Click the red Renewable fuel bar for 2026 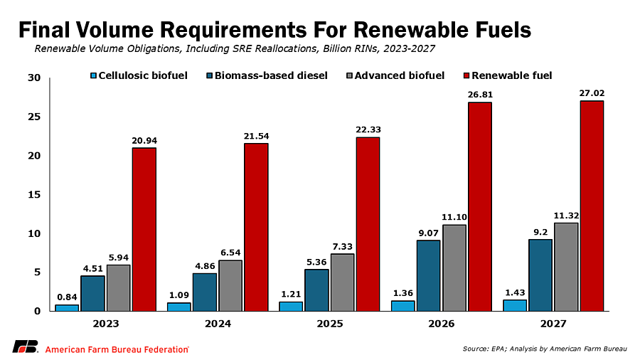pos(480,206)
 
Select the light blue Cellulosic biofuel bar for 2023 pos(67,308)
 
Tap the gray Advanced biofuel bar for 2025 pos(343,282)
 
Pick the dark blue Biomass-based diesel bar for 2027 pos(540,275)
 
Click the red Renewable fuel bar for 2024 pos(256,227)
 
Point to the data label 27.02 pos(592,93)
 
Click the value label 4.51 pos(93,268)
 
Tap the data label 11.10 pos(454,217)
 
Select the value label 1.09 pos(178,295)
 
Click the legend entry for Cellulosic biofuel pos(139,75)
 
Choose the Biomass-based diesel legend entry pos(267,75)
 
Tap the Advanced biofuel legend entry pos(395,75)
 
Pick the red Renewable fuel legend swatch pos(467,76)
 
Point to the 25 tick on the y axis pos(34,117)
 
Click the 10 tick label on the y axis pos(34,233)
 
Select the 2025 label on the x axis pos(330,324)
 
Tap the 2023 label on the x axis pos(106,324)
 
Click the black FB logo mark pos(26,346)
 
